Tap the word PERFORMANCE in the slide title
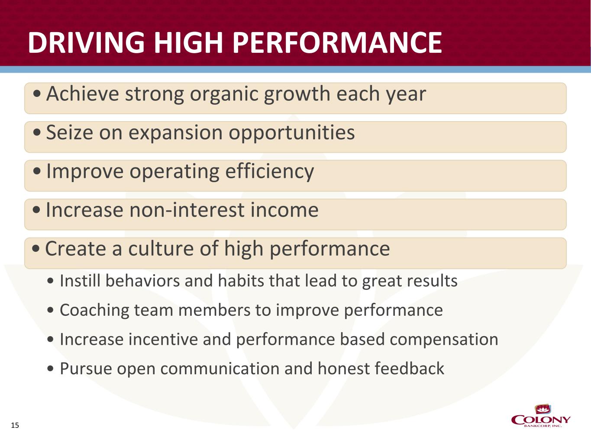point(337,42)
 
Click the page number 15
point(15,425)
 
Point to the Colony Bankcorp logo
point(540,416)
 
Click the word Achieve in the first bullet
point(82,94)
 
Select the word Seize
point(69,133)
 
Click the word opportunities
point(291,133)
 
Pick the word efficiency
point(269,172)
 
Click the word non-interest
point(187,210)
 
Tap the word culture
point(161,248)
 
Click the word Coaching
point(94,311)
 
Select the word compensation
point(444,340)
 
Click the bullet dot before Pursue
point(50,369)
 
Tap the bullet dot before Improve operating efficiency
point(37,171)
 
